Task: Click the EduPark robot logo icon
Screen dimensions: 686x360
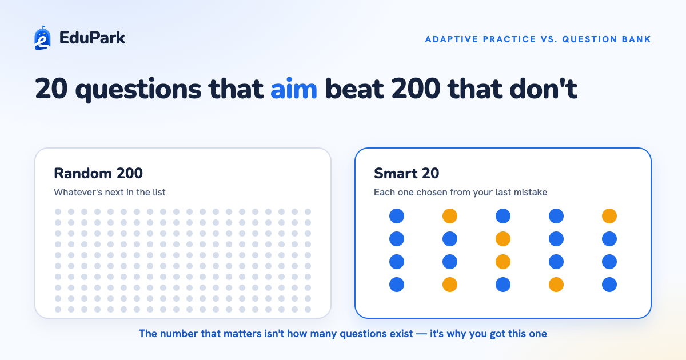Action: (x=42, y=38)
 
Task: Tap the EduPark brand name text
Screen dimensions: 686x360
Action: (x=92, y=38)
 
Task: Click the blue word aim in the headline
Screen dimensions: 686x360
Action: (x=294, y=89)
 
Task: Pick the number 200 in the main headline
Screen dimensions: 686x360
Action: (x=416, y=89)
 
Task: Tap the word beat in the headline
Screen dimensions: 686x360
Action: (x=354, y=89)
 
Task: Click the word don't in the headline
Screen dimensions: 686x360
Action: (x=543, y=89)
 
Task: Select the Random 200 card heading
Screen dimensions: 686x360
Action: (x=98, y=173)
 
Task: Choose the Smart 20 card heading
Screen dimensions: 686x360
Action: (x=406, y=173)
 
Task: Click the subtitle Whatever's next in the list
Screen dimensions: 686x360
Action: (x=110, y=192)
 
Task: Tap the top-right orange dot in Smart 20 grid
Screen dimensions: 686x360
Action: (x=609, y=216)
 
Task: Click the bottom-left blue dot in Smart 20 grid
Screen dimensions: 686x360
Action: (x=397, y=285)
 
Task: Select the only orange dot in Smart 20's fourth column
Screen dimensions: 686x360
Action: (x=556, y=285)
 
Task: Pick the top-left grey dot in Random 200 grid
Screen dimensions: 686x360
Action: (x=58, y=212)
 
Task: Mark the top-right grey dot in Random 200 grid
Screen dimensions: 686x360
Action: (x=308, y=212)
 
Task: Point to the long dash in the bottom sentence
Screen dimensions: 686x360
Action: (x=421, y=334)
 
